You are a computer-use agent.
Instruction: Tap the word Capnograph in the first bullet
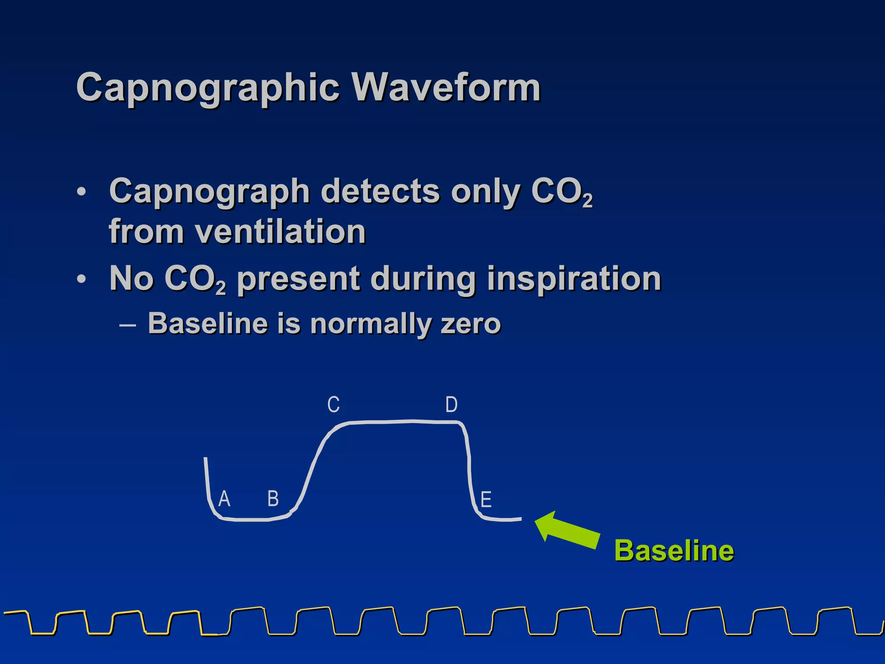click(x=209, y=191)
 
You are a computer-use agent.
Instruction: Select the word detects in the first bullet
click(x=380, y=191)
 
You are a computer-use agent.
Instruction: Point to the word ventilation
click(x=280, y=231)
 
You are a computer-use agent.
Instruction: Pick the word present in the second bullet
click(x=298, y=279)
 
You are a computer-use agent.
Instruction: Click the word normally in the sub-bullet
click(x=369, y=324)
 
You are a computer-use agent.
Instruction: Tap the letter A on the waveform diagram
click(x=224, y=499)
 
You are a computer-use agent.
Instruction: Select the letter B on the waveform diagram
click(x=273, y=498)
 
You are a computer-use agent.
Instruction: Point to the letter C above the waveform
click(x=333, y=405)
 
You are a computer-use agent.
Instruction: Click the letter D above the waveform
click(x=451, y=405)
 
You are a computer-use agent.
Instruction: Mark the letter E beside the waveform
click(x=486, y=500)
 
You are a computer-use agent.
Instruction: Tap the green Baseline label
click(x=674, y=550)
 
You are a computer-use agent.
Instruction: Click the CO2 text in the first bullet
click(x=561, y=192)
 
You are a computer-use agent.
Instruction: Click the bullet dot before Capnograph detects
click(x=81, y=192)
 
